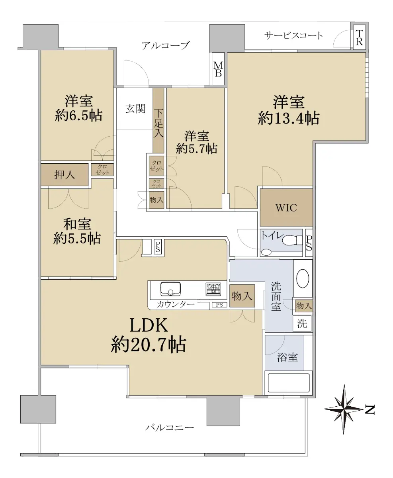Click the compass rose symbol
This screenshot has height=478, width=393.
344,409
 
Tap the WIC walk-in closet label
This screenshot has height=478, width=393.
286,208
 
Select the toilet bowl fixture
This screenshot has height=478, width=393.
292,240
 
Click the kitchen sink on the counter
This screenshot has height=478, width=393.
170,289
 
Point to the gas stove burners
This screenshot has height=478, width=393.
213,289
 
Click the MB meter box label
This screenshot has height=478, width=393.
218,69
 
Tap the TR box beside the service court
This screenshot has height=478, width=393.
359,37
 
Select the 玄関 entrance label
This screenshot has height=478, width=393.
135,109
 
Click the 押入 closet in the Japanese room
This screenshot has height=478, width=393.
65,174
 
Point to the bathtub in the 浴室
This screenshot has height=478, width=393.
289,383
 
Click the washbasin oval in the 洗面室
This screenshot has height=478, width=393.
303,278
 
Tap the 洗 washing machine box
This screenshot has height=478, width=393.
302,323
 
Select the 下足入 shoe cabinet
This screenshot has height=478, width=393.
158,120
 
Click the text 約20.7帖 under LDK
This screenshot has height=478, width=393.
149,345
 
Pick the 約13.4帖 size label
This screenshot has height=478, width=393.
289,118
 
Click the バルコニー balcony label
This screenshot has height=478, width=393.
170,427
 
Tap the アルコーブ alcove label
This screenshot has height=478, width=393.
165,45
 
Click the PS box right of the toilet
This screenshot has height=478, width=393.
309,243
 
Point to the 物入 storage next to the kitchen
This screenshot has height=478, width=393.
242,296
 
